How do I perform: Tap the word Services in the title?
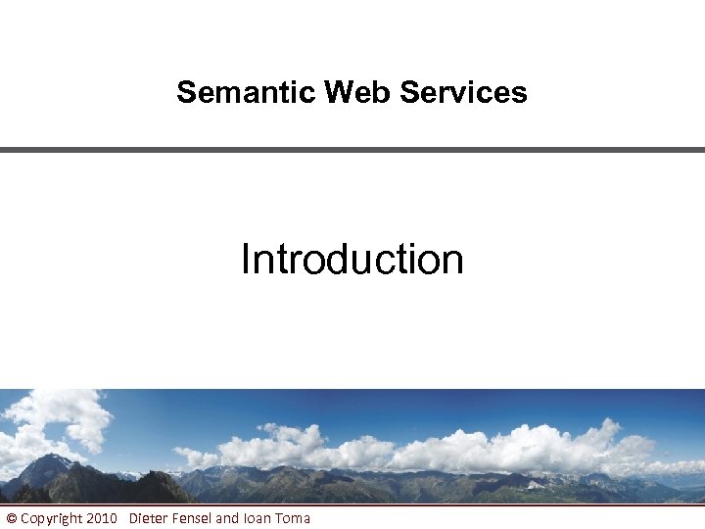point(463,92)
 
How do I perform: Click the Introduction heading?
point(352,260)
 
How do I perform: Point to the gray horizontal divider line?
point(352,149)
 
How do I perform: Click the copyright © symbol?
point(11,518)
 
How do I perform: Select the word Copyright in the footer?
point(51,518)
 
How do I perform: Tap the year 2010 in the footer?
point(102,518)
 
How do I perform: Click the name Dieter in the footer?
point(149,518)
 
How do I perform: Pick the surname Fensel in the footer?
point(192,518)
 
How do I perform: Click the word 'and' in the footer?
point(227,518)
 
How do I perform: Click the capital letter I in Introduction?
point(245,260)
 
